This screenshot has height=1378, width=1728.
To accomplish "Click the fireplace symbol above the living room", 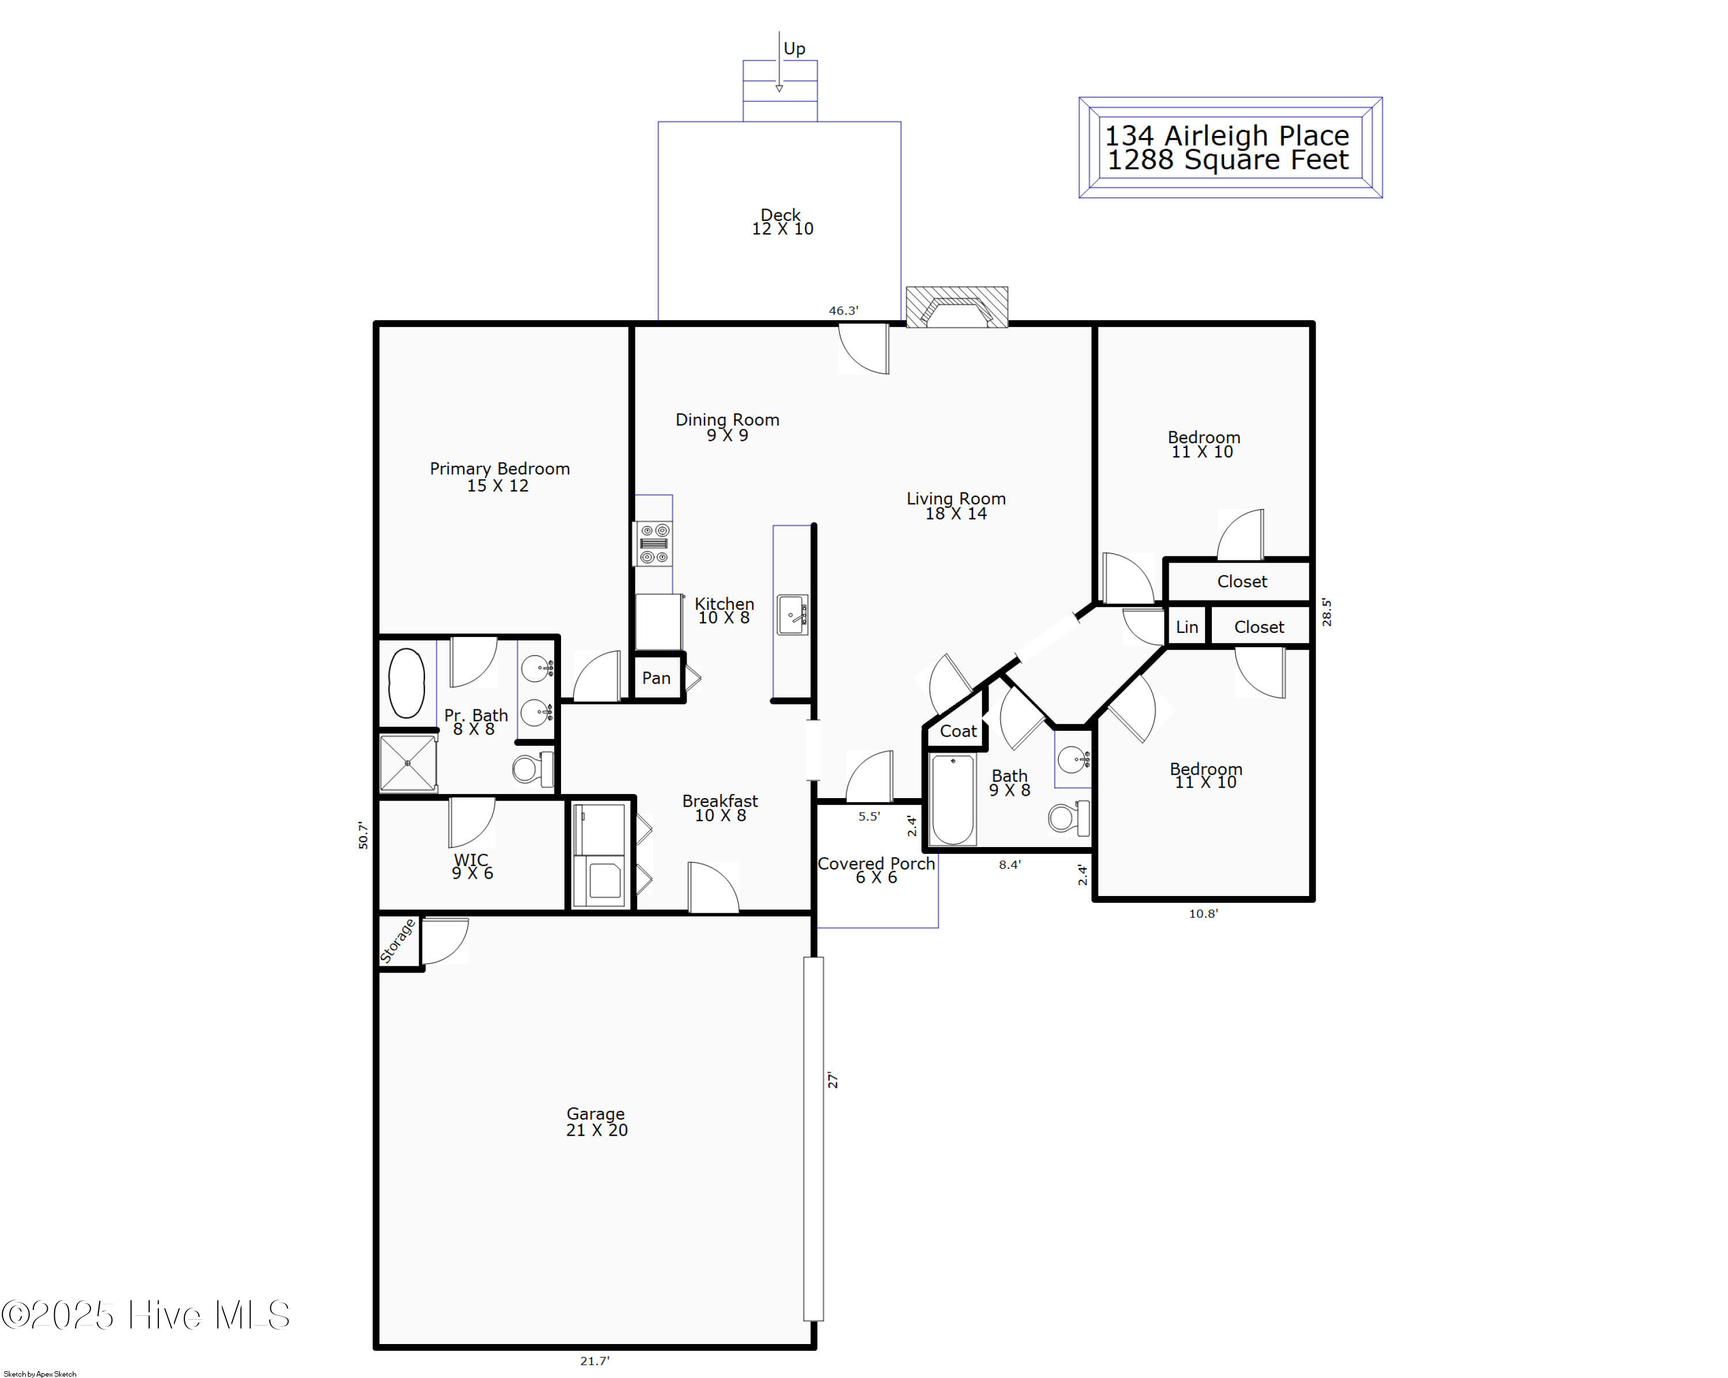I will (x=956, y=307).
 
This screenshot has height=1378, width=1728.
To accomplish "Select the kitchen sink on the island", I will (x=792, y=614).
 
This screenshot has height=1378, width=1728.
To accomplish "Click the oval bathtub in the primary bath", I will (x=406, y=682).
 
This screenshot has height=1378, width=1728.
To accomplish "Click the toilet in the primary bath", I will (x=532, y=769).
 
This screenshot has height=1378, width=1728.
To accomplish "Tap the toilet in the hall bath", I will (x=1067, y=818).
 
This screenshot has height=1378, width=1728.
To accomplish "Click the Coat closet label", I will (x=958, y=731).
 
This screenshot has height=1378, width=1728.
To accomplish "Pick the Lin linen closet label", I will (x=1186, y=627).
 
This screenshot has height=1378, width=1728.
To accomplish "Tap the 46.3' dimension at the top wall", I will (x=843, y=311).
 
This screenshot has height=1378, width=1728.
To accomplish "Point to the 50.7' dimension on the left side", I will (x=363, y=835).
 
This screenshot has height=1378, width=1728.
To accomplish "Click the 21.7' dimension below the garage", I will (x=594, y=1360).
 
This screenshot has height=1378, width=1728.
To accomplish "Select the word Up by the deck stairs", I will (x=794, y=49).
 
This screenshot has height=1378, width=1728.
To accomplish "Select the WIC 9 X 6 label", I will (x=472, y=866).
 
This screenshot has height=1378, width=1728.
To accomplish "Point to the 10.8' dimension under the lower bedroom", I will (x=1203, y=913).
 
